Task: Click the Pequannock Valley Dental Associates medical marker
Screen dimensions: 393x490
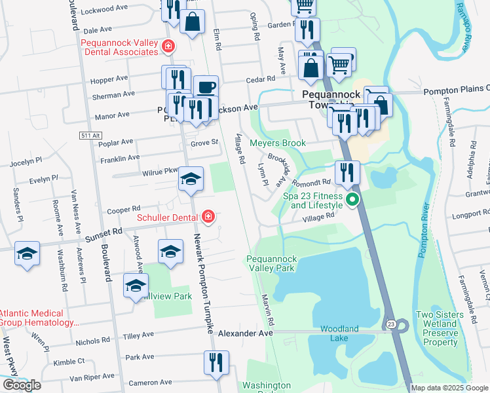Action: click(168, 46)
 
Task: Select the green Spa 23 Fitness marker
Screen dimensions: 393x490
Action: click(352, 200)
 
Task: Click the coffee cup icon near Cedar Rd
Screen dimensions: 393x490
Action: click(206, 87)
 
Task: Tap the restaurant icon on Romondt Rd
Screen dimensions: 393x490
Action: click(347, 172)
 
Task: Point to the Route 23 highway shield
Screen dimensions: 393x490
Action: click(390, 324)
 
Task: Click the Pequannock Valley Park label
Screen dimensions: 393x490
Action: click(271, 263)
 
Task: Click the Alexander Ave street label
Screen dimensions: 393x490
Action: click(245, 333)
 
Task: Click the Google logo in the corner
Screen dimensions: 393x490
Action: click(22, 385)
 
